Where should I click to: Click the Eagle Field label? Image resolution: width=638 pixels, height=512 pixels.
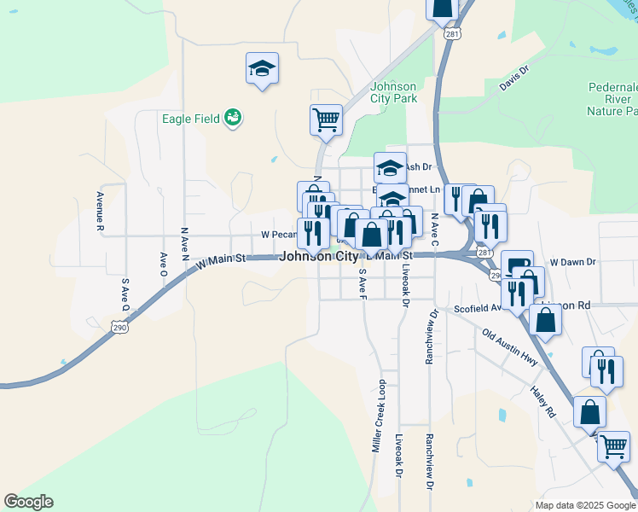tap(191, 119)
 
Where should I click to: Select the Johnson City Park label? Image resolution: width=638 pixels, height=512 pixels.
tap(393, 92)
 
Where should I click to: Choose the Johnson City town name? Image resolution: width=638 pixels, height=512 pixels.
tap(318, 255)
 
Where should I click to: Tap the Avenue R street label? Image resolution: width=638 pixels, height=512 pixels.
tap(100, 212)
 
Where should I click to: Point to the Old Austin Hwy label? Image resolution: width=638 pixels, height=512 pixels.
tap(509, 348)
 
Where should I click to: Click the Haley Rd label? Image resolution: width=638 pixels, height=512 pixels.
tap(542, 400)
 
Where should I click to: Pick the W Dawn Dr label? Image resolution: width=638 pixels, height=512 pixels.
tap(571, 262)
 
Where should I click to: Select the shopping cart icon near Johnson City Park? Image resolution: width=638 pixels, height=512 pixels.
tap(326, 119)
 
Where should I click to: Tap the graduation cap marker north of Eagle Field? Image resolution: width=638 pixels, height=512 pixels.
tap(262, 69)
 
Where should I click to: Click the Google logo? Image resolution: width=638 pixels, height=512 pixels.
tap(28, 502)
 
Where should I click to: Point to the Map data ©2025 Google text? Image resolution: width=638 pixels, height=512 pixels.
tap(584, 505)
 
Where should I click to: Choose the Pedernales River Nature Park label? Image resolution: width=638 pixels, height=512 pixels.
tap(612, 99)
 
